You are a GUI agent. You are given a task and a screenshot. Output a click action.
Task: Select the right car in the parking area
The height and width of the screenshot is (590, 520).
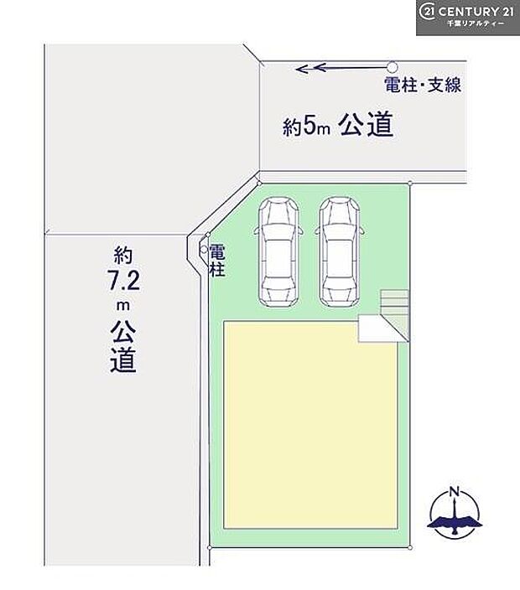click(337, 251)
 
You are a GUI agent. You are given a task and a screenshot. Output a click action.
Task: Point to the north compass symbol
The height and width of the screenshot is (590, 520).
click(454, 511)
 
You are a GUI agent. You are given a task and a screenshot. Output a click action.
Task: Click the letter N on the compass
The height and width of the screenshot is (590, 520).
click(454, 491)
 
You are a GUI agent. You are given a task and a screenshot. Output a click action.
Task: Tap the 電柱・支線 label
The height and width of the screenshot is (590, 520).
click(423, 85)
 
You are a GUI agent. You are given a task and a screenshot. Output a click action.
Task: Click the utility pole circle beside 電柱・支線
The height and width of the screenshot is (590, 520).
click(392, 66)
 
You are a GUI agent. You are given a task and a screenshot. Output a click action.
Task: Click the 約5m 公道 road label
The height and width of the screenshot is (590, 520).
click(338, 127)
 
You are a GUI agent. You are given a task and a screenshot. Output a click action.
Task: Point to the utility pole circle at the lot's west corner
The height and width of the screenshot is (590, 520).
click(203, 250)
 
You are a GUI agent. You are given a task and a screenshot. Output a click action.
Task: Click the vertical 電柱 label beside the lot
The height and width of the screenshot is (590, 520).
click(216, 260)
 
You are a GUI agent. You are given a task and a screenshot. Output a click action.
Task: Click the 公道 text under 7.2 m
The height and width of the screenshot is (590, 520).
click(122, 348)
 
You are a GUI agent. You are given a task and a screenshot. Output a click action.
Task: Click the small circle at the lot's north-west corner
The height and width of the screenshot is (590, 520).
click(260, 179)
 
